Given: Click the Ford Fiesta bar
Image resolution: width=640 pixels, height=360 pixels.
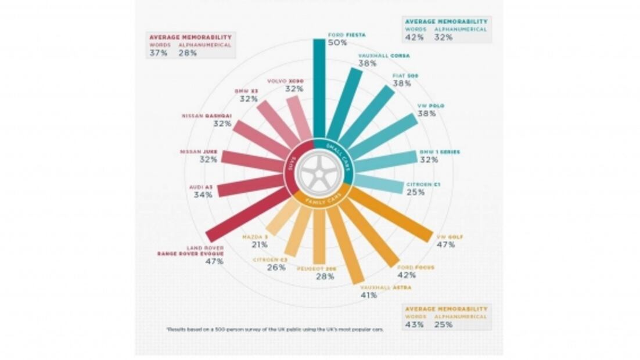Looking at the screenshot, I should tap(319, 87).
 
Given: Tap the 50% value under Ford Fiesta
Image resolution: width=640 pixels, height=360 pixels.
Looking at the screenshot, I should tap(337, 43).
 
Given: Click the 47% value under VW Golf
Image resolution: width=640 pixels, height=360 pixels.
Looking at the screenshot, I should tap(446, 244).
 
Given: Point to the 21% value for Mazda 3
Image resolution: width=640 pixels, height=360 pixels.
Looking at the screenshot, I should tap(260, 244).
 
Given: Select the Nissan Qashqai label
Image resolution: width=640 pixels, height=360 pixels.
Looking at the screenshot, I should tap(206, 116).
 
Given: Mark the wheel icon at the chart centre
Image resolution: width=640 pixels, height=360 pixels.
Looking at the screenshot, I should tap(318, 172).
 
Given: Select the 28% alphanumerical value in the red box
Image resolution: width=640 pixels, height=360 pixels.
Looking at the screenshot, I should tap(188, 53).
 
